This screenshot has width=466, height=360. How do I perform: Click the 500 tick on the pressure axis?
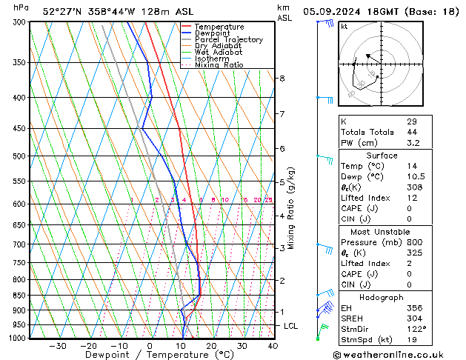coord(18,156)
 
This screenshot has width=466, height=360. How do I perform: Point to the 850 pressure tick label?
coord(18,295)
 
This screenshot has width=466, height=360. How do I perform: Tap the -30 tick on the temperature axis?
coord(58,346)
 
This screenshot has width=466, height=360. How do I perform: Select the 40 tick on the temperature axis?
coord(273,346)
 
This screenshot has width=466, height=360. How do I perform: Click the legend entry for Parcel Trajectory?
coord(228,39)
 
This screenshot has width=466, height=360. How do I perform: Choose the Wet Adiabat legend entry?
coord(219,52)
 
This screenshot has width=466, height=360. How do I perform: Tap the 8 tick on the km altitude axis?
coord(282,78)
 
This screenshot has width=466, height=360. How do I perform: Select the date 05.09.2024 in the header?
coord(348,12)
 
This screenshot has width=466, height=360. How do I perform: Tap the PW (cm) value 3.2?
coord(413,143)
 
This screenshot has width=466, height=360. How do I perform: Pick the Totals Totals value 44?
coord(411,132)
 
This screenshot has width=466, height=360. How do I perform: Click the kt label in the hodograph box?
coord(344,26)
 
